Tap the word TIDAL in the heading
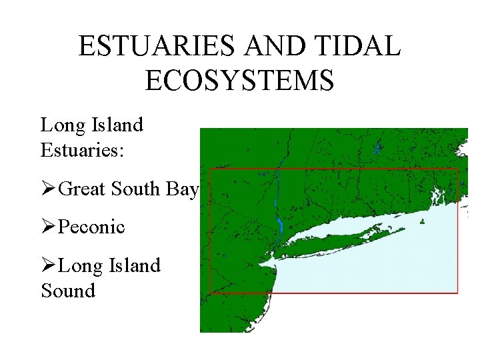click(x=359, y=46)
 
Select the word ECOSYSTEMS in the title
click(x=239, y=81)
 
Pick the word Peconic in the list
click(x=91, y=227)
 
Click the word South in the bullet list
click(x=136, y=189)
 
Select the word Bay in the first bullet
click(x=182, y=189)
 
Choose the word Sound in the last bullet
click(x=68, y=291)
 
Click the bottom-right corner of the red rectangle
click(x=457, y=292)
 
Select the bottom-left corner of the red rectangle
click(x=211, y=293)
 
